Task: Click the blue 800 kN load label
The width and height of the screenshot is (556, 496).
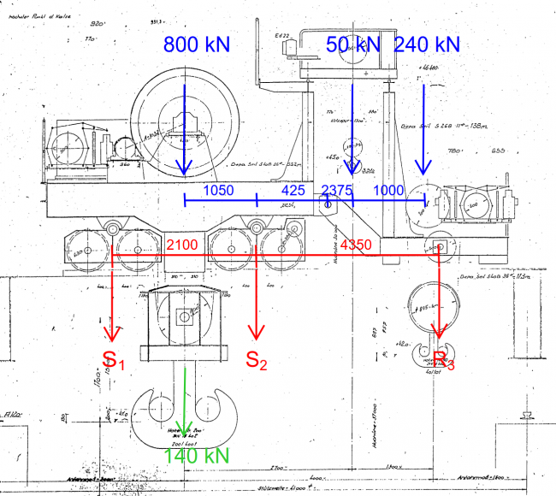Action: pos(196,44)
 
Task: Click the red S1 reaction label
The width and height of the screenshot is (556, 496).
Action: pos(114,360)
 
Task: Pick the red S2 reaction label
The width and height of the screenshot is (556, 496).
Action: pos(257,360)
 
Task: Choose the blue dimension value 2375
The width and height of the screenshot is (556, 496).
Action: pos(337,190)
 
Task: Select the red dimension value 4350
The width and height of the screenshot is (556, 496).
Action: pos(356,245)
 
